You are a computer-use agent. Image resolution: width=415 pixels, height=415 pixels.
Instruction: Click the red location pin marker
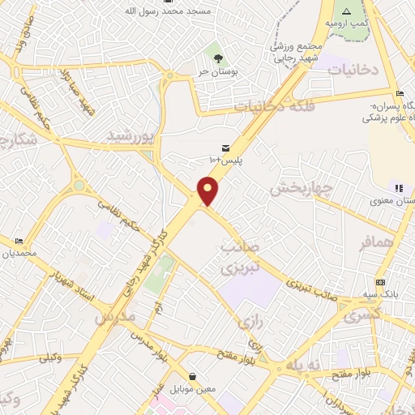(x=208, y=191)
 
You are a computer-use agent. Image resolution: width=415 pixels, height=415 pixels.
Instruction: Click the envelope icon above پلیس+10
(x=225, y=147)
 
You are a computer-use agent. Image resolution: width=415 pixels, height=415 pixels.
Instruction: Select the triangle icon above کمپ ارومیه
(x=346, y=11)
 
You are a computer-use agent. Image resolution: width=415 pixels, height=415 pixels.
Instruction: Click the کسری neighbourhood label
(x=361, y=315)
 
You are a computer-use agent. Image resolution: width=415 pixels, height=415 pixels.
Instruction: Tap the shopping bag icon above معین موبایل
(x=193, y=376)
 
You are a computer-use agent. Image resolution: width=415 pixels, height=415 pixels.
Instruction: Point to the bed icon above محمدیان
(x=19, y=242)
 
